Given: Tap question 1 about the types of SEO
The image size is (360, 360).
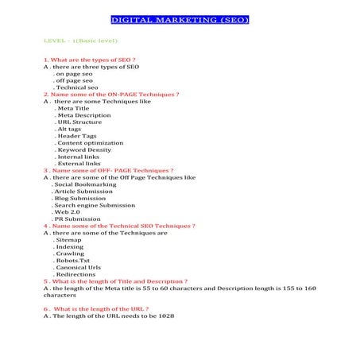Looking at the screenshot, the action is pyautogui.click(x=90, y=60).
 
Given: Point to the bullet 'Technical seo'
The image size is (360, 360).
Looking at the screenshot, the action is pyautogui.click(x=76, y=87).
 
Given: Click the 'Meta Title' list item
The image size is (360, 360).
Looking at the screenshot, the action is pyautogui.click(x=77, y=108).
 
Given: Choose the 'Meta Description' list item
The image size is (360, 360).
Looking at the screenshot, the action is pyautogui.click(x=84, y=115).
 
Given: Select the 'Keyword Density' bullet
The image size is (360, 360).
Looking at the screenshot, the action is pyautogui.click(x=84, y=149).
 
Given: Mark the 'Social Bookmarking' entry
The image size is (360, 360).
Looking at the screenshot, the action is pyautogui.click(x=84, y=184).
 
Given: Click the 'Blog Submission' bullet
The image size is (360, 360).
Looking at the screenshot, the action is pyautogui.click(x=79, y=198).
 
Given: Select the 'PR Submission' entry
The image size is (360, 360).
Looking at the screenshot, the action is pyautogui.click(x=77, y=219).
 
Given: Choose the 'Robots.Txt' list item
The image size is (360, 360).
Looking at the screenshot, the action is pyautogui.click(x=73, y=261).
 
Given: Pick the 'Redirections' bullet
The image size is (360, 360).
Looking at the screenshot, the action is pyautogui.click(x=77, y=275).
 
